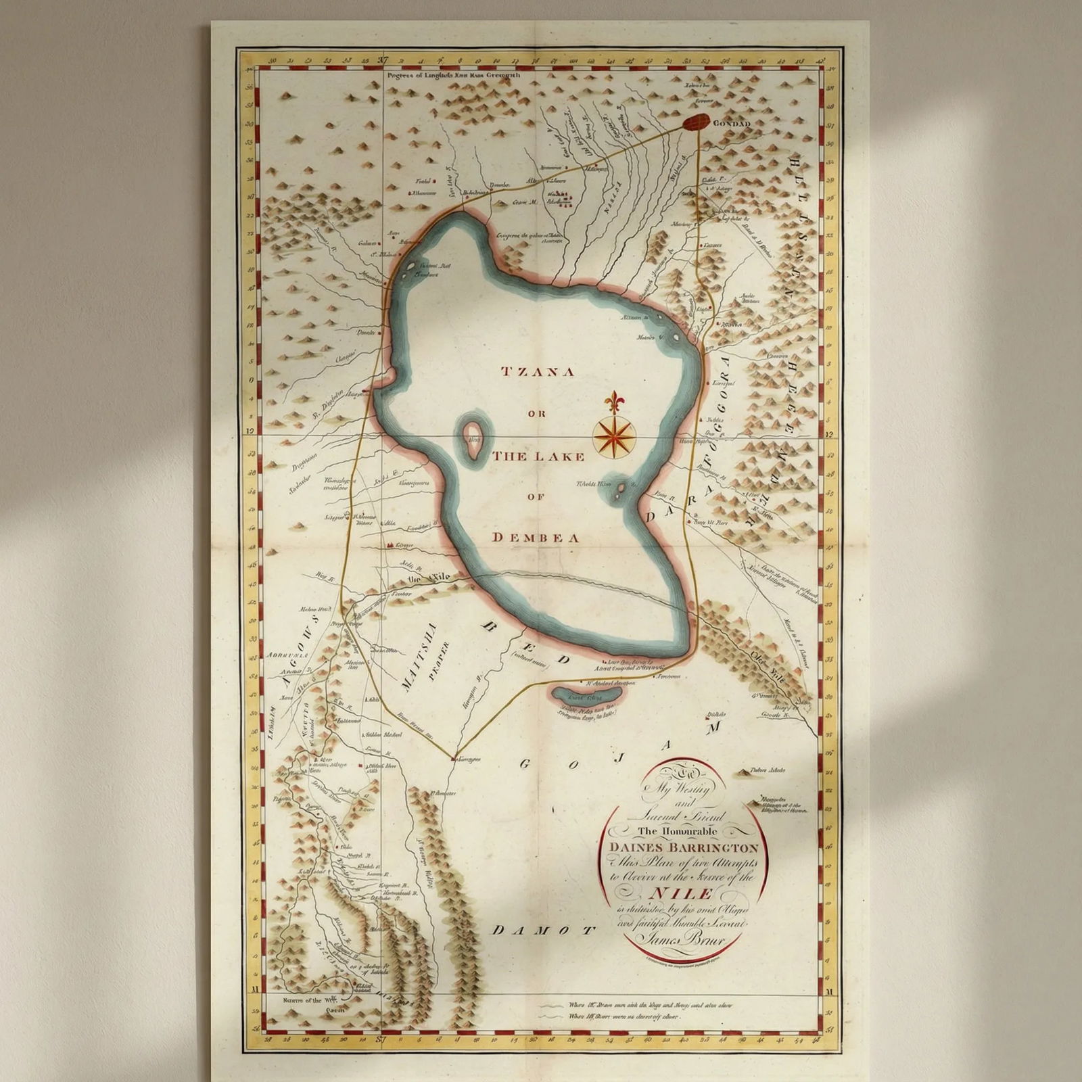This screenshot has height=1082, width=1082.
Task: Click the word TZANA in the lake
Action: click(537, 371)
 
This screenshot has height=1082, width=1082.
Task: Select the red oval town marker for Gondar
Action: click(695, 122)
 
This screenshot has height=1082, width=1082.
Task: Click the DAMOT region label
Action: click(544, 930)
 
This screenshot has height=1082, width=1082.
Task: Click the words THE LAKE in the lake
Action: click(538, 456)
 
